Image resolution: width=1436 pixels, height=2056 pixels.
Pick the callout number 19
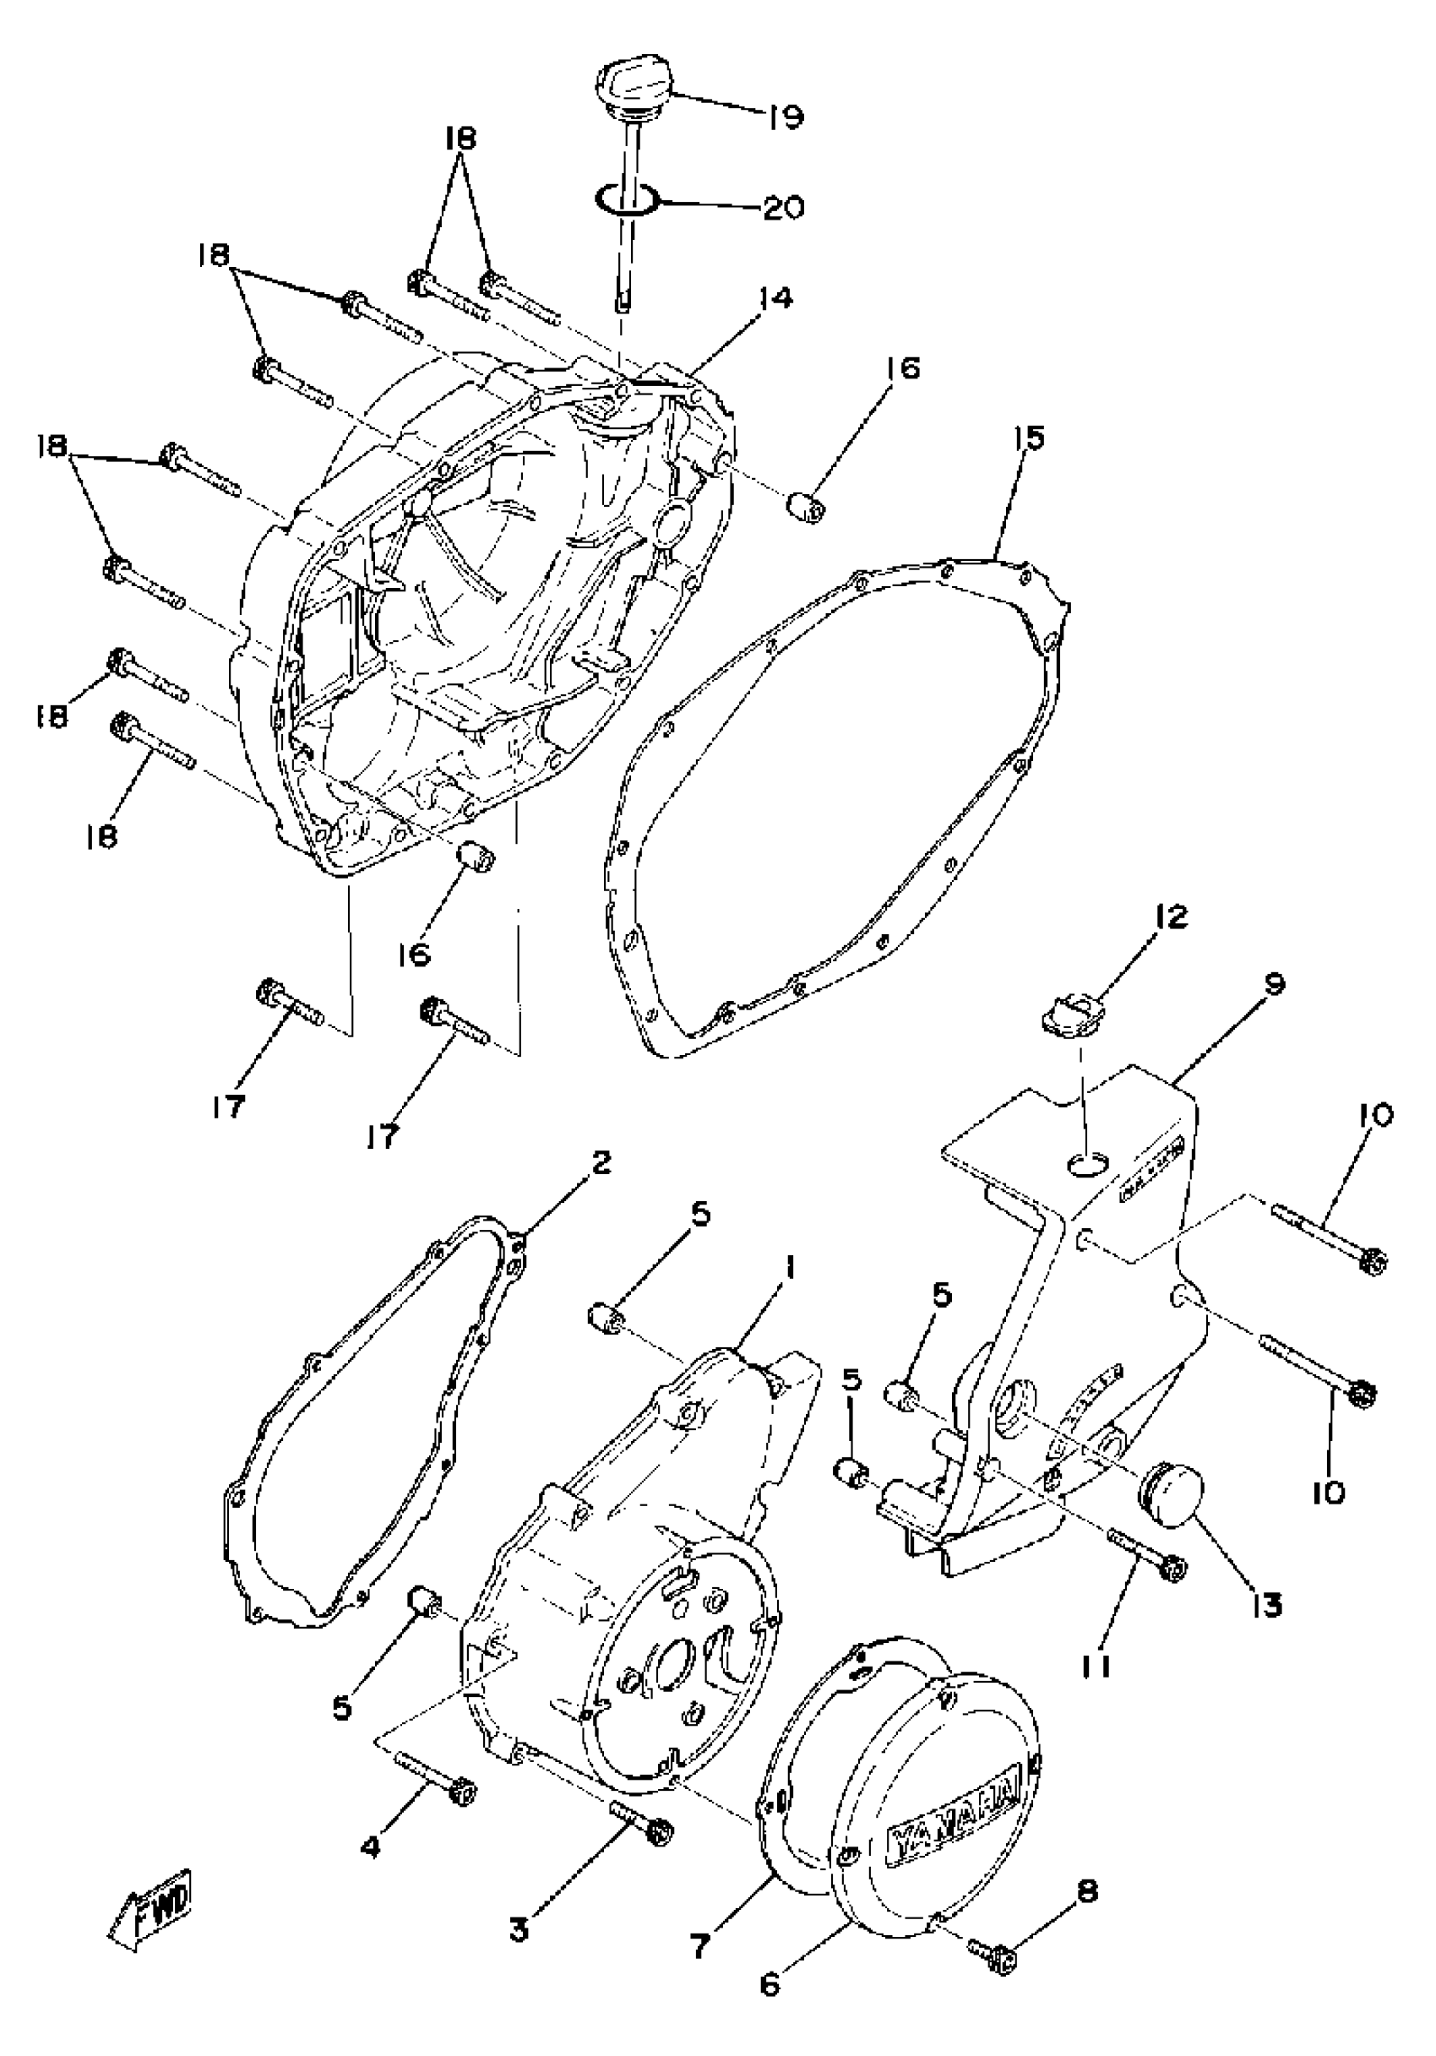[x=784, y=116]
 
